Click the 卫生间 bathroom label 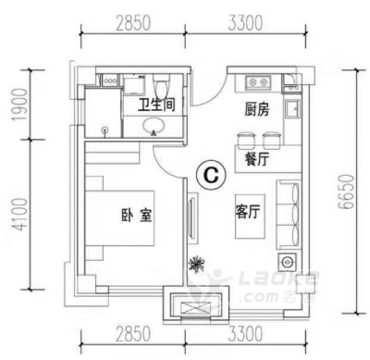156,105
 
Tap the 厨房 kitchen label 257,109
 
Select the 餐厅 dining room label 257,159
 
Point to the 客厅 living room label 248,212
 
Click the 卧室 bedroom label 137,215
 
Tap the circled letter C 212,175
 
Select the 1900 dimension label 19,105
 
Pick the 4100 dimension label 19,215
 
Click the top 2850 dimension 133,23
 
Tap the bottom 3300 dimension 246,334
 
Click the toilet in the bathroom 161,86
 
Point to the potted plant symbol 196,265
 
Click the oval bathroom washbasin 154,126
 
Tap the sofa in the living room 288,215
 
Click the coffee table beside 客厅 250,217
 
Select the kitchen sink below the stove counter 292,109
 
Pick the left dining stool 246,140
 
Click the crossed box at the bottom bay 195,308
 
